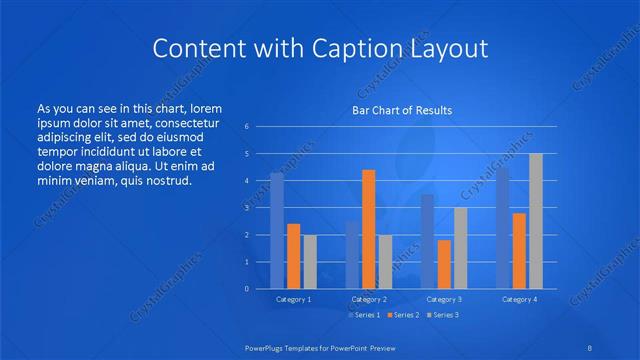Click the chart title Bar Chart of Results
(x=401, y=110)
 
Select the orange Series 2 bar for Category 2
(x=369, y=229)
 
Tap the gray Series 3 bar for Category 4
(x=536, y=221)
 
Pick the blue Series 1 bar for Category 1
(x=277, y=231)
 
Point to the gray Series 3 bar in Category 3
(x=461, y=248)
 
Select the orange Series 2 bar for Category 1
(x=294, y=256)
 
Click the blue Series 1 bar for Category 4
(x=503, y=228)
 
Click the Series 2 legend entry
(x=402, y=315)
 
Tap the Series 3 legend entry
(x=444, y=315)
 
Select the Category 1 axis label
(x=294, y=299)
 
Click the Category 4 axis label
(x=519, y=299)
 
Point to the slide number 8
(x=589, y=346)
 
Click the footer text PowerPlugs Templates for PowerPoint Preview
(x=320, y=346)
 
